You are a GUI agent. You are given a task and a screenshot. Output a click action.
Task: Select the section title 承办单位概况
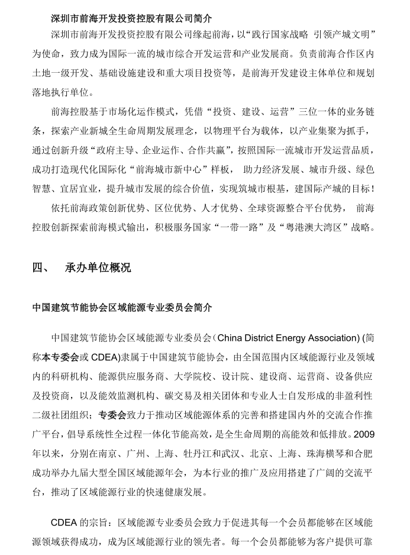point(98,267)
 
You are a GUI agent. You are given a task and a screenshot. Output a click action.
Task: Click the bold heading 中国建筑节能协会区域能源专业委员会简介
point(122,308)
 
